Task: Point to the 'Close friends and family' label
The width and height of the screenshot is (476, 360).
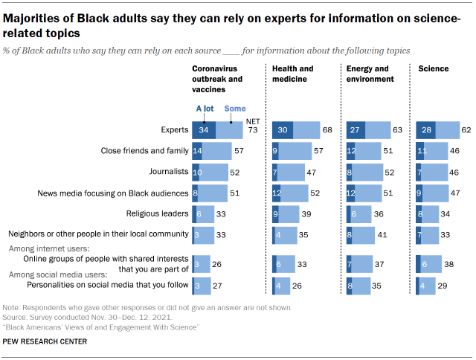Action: [x=144, y=151]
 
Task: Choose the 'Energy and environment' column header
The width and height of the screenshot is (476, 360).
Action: [x=368, y=73]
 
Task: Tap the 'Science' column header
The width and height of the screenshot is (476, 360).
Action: [x=434, y=68]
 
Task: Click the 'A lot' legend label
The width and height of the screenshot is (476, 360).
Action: [x=205, y=109]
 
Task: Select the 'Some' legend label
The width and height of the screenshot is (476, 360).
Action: [x=234, y=109]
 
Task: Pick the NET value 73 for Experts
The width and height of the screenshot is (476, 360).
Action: [x=253, y=130]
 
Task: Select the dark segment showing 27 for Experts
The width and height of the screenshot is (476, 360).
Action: [x=356, y=130]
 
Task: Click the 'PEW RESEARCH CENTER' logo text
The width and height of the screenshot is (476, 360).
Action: [x=44, y=341]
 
